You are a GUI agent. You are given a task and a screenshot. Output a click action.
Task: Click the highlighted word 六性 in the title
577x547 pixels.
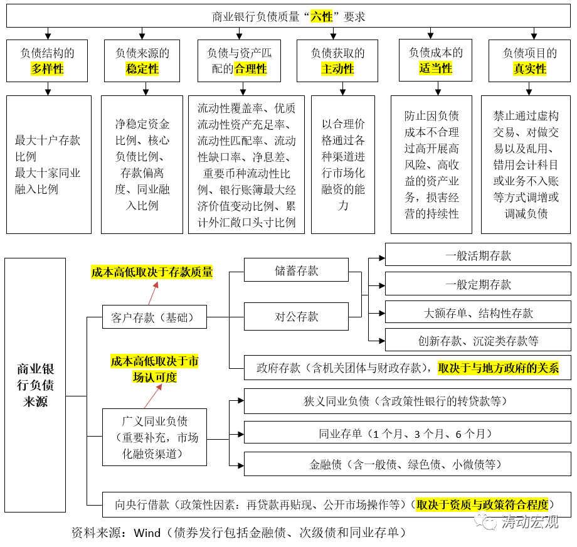(x=322, y=16)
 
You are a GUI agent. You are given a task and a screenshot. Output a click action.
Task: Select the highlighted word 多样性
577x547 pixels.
(x=47, y=69)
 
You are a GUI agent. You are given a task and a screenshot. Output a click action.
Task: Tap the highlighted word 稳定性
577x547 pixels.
(x=142, y=69)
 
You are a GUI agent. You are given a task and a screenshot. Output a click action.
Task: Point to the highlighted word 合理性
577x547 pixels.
(x=250, y=69)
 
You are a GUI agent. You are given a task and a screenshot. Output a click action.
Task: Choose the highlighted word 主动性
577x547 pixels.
(x=337, y=69)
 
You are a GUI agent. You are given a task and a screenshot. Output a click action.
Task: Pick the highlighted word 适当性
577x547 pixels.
(x=435, y=68)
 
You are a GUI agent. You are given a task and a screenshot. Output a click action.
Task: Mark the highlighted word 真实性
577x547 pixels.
(x=529, y=69)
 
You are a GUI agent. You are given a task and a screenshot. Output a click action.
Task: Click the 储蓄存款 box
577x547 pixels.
(x=296, y=270)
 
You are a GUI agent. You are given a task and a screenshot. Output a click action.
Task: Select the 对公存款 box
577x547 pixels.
(x=296, y=316)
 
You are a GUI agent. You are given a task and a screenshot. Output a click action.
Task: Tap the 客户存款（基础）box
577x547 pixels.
(x=154, y=317)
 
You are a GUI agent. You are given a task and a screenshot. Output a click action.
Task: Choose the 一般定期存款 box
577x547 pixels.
(x=478, y=284)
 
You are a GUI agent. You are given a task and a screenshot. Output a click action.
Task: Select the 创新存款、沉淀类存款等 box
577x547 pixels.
(x=478, y=340)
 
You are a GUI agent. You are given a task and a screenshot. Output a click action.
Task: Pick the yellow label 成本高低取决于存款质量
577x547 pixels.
(x=152, y=272)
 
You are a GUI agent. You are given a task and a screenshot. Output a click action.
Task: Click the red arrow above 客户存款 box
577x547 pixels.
(x=154, y=294)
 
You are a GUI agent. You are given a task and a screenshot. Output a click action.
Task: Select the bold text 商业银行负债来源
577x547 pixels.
(x=35, y=385)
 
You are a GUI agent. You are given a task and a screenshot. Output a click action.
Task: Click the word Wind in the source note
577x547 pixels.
(x=147, y=533)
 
